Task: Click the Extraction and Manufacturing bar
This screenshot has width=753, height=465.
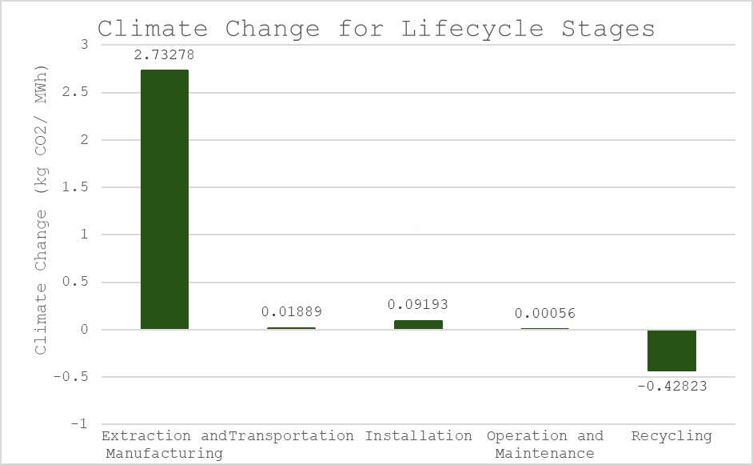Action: pos(165,199)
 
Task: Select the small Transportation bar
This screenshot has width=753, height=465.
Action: pos(291,328)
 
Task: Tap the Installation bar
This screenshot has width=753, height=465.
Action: pos(418,325)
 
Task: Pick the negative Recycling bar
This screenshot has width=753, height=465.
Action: pos(671,351)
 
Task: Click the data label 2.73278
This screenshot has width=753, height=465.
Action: pos(165,55)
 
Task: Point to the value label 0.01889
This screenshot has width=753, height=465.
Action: pos(291,312)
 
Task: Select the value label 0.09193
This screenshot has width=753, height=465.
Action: pos(418,305)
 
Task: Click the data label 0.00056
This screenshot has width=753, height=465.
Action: pos(545,314)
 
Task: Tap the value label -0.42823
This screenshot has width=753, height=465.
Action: pos(672,386)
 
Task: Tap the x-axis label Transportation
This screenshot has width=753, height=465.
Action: pos(291,436)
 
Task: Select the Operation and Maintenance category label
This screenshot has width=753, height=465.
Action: pos(545,444)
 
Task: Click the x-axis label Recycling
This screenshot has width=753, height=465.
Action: pos(671,436)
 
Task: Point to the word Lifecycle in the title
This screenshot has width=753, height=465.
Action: pos(472,29)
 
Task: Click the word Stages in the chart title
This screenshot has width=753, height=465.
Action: pos(608,29)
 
